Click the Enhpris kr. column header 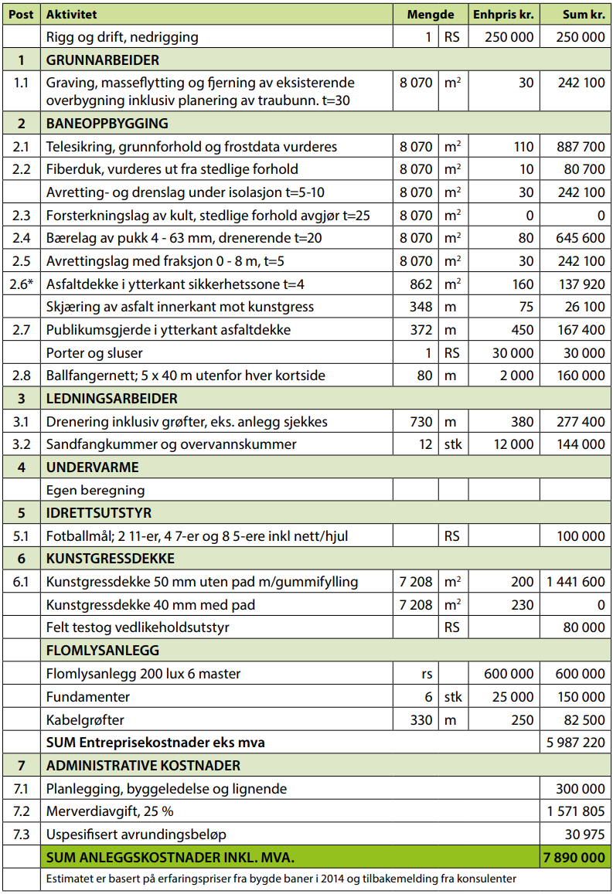click(x=504, y=15)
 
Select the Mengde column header click(x=431, y=15)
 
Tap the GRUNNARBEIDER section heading click(x=103, y=59)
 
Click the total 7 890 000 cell click(x=574, y=857)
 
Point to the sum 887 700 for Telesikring click(x=581, y=146)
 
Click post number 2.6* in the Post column click(x=22, y=284)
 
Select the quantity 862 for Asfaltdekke click(x=421, y=284)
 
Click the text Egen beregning click(x=95, y=490)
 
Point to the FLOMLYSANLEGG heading click(x=103, y=651)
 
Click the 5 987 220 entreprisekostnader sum click(x=574, y=743)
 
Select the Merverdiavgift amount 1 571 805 click(x=576, y=812)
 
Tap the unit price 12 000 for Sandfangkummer click(x=513, y=444)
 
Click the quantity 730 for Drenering click(x=421, y=422)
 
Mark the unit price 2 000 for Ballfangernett click(x=516, y=376)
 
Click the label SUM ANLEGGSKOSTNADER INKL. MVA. click(x=170, y=857)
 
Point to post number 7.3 click(x=22, y=835)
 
